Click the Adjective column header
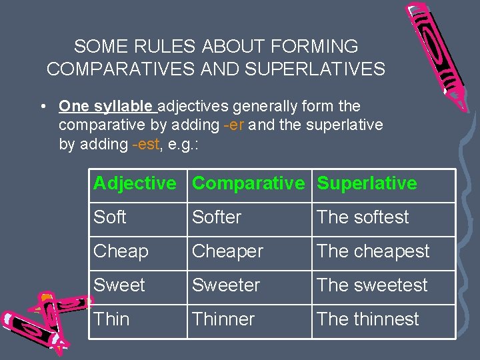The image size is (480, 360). pos(135,183)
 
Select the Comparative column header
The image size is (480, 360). pos(248,183)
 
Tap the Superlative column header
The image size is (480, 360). pos(367,183)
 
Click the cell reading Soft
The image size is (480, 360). pos(111,217)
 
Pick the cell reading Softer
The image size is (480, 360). pos(217,217)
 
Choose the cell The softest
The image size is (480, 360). pos(363,217)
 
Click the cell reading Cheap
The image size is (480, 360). pos(121,251)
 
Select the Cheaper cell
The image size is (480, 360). pos(228,251)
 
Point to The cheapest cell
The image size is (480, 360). pos(373,251)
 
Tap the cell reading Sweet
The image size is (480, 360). pos(119,285)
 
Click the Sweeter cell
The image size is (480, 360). pos(226,285)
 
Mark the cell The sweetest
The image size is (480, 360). pos(372,285)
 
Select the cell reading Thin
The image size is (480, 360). pos(112,319)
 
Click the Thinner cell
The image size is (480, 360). pos(223,319)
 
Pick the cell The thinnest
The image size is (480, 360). pos(368,319)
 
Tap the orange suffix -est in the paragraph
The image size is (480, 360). pos(145,144)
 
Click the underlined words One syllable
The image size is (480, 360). pos(107,106)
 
